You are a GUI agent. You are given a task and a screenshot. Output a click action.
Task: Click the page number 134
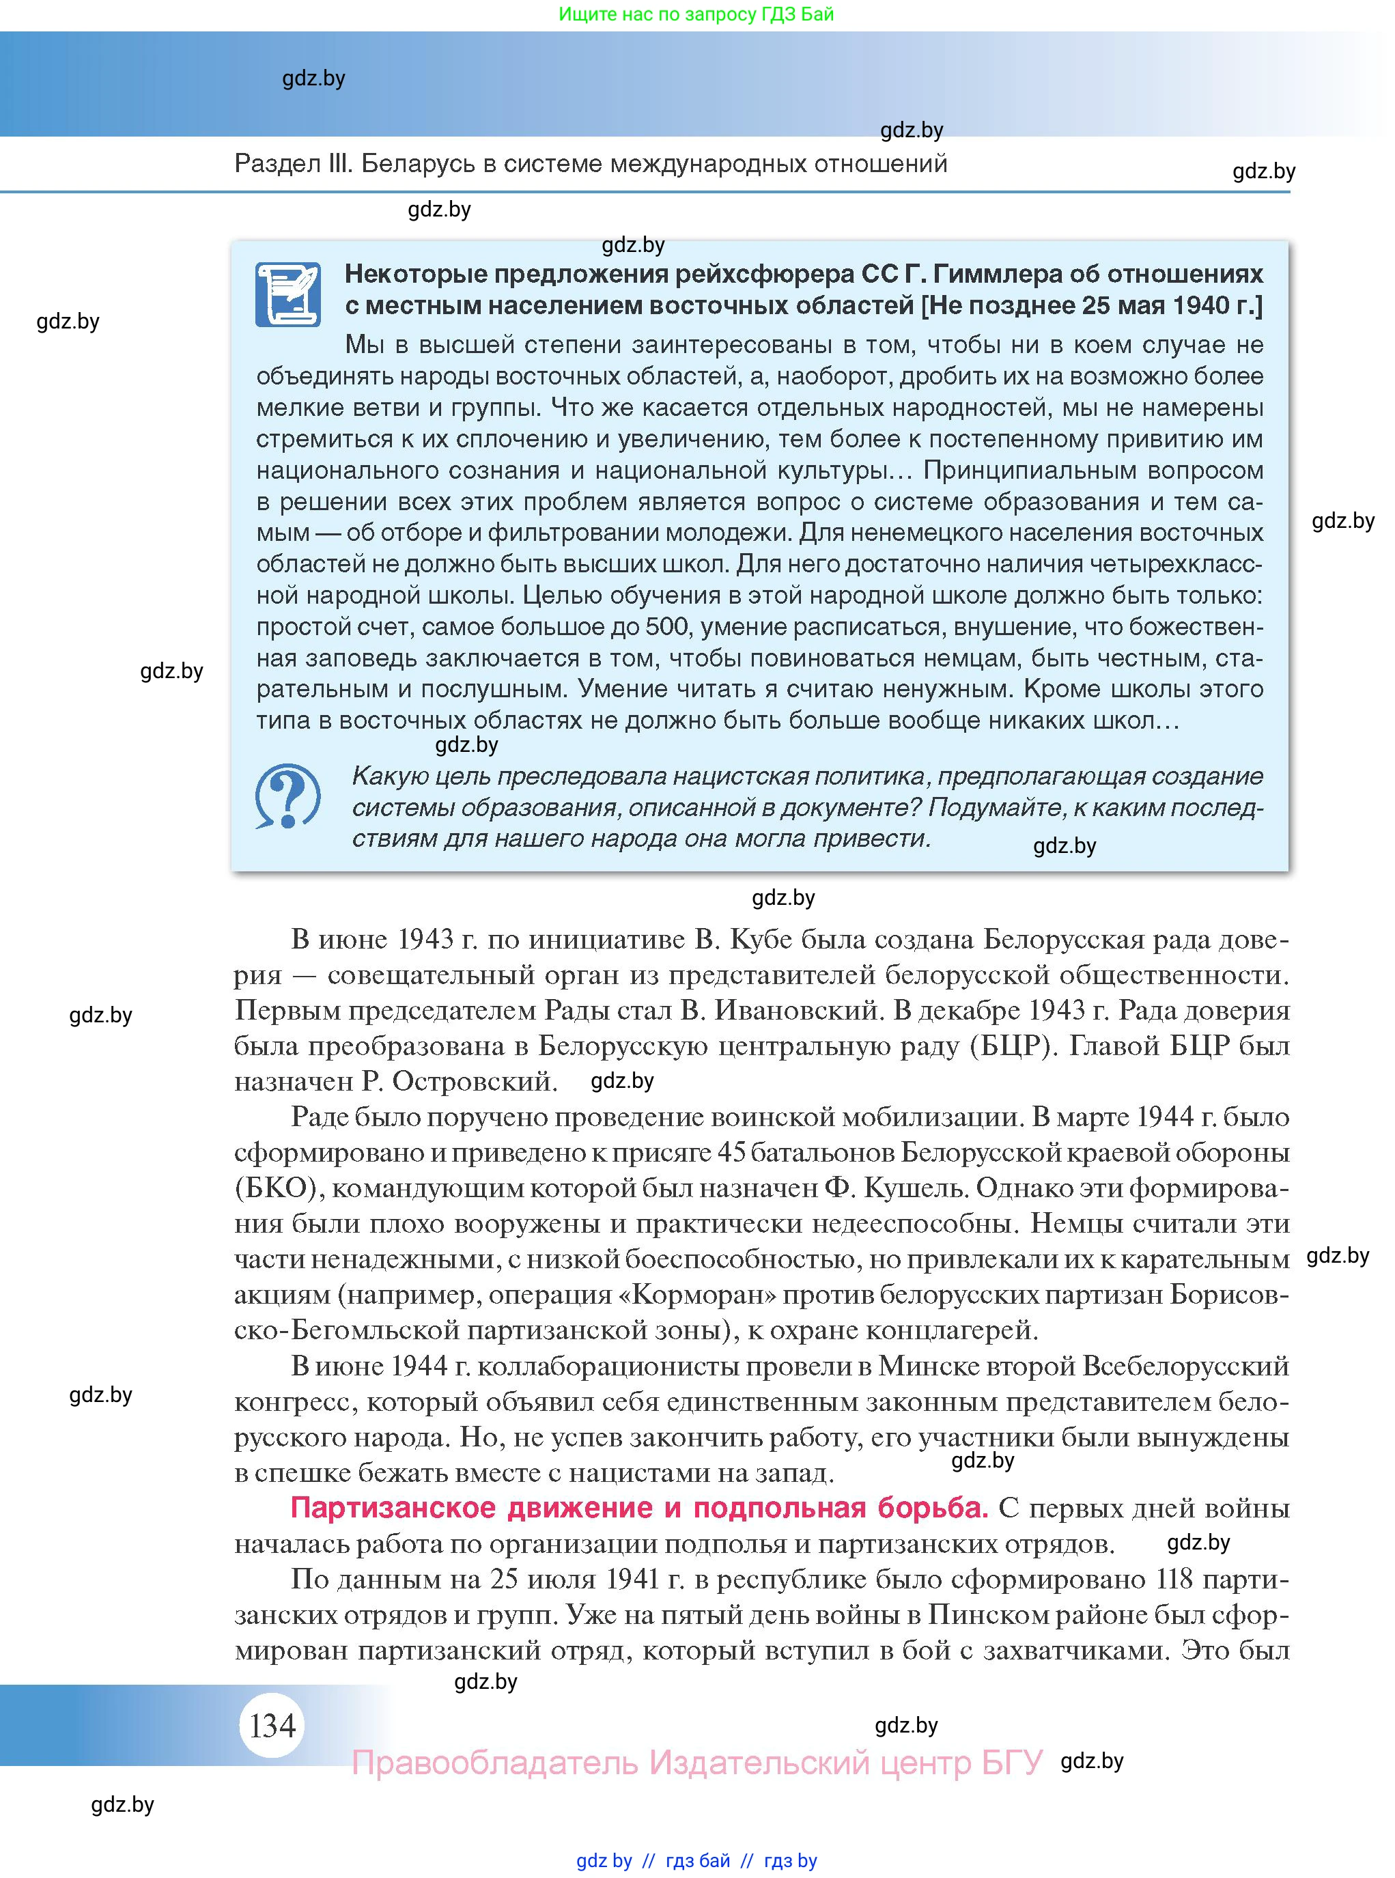coord(272,1725)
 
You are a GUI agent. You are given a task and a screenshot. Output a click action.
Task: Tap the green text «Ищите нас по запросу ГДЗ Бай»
coord(696,14)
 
